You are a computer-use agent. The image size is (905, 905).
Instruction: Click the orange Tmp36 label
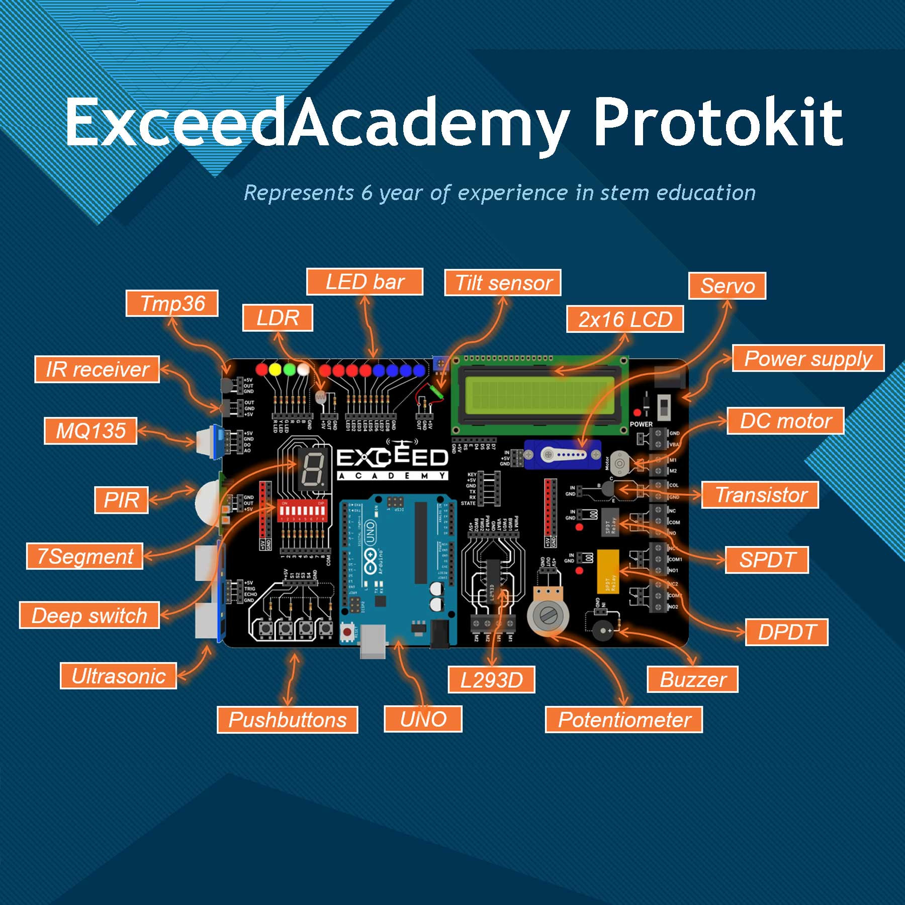172,303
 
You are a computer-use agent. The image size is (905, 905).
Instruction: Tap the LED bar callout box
365,282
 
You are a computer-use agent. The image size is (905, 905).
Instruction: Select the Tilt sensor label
503,283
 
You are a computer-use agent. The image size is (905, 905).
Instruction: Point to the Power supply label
808,358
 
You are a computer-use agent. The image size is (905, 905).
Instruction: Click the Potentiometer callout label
624,719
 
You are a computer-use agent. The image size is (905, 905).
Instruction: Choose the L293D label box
491,680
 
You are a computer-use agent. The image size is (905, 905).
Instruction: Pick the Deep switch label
89,615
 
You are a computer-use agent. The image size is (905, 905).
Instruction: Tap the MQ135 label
90,431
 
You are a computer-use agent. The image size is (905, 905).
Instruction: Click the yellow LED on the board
275,370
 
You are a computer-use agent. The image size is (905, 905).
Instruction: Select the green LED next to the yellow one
289,370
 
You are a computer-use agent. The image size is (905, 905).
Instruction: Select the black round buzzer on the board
600,630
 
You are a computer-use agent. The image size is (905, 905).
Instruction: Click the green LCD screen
540,395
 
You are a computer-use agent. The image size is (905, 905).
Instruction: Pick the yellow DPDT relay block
608,571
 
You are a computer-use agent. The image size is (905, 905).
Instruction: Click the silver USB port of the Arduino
373,642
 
